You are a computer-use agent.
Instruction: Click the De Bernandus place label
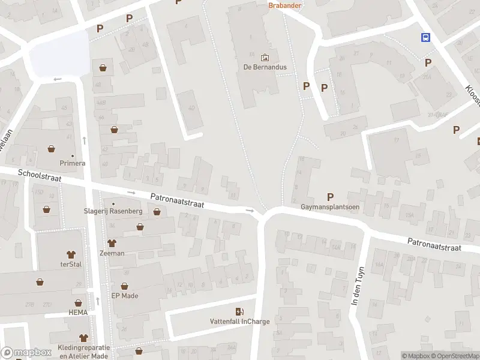tap(265, 67)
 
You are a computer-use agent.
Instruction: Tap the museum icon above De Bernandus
tap(265, 58)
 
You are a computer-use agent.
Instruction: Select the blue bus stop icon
tap(425, 37)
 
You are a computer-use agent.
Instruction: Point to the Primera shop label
tap(72, 163)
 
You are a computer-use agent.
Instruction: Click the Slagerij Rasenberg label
tap(112, 211)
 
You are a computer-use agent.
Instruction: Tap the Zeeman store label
tap(112, 253)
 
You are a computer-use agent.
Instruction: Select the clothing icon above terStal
tap(71, 254)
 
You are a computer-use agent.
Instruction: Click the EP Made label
tap(125, 295)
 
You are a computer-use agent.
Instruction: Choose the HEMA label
tap(77, 313)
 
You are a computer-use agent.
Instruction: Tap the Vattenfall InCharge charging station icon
tap(239, 311)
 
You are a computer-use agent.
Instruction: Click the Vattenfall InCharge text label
tap(239, 321)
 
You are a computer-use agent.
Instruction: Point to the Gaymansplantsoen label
tap(329, 207)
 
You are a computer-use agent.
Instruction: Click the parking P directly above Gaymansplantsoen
tap(329, 196)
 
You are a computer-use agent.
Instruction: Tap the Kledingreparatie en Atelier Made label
tap(84, 351)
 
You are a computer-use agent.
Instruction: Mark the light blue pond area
tap(59, 54)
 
